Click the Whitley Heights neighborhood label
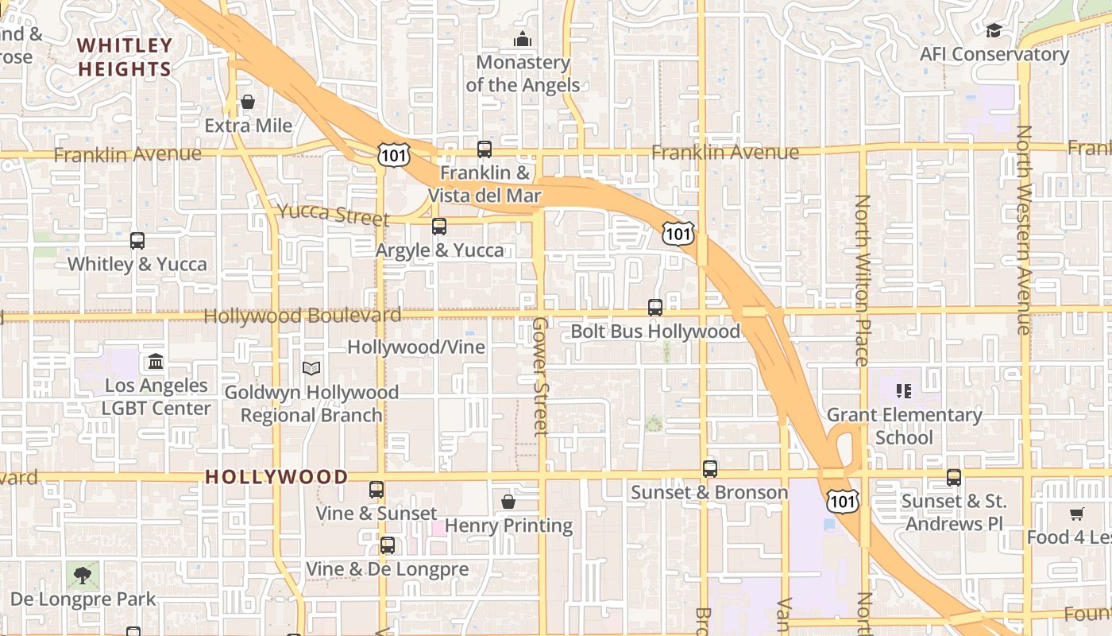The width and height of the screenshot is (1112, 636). [125, 57]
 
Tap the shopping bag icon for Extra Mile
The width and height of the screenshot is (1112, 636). [248, 102]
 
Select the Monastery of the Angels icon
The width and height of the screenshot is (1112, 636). [522, 38]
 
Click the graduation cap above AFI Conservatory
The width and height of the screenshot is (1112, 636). [994, 30]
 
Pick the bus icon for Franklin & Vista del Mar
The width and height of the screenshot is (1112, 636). [484, 149]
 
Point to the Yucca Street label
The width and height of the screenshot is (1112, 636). [333, 215]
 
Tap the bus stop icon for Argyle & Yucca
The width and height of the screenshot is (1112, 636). [439, 227]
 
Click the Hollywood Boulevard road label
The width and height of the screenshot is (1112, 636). [302, 316]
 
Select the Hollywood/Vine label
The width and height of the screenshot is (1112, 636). [416, 347]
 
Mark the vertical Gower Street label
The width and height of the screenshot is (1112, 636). [540, 376]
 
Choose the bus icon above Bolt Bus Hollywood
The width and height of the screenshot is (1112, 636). [655, 308]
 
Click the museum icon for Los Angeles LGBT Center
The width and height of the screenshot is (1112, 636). [156, 362]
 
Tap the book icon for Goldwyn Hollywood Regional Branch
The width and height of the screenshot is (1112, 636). [311, 369]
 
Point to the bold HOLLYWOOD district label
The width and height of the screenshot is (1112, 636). [276, 477]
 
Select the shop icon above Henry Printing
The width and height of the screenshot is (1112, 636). [508, 502]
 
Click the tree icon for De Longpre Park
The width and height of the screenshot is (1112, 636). [83, 574]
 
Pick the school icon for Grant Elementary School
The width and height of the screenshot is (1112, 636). [904, 390]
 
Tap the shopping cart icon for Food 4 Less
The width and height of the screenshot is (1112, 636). [1076, 514]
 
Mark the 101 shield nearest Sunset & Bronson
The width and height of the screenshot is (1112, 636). [841, 501]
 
